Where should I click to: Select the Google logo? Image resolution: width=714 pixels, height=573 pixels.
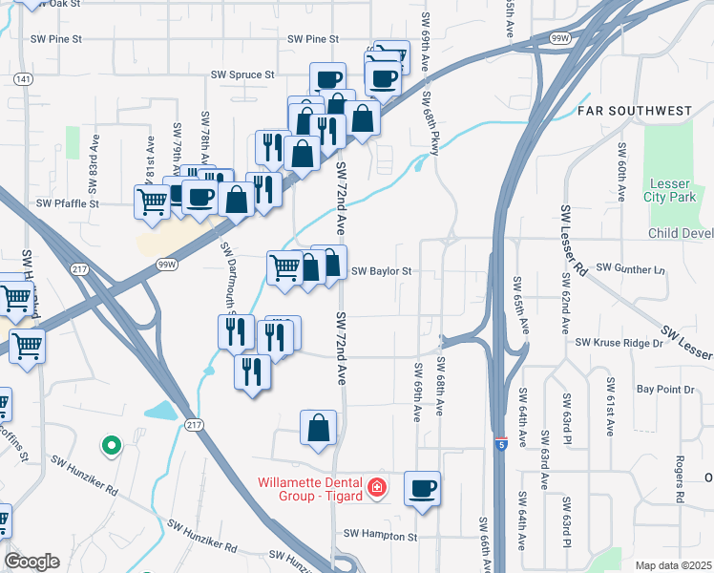click(x=31, y=562)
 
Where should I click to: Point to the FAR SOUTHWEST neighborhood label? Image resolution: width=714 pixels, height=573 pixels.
click(x=634, y=112)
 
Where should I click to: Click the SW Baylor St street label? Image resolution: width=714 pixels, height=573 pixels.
click(x=381, y=271)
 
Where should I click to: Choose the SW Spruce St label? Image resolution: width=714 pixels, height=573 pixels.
click(x=242, y=74)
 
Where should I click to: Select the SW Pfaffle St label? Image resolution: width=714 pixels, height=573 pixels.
click(x=68, y=203)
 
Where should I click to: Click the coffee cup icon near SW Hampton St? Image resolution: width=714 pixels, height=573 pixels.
click(x=422, y=490)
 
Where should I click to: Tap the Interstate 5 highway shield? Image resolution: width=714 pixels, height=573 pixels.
click(x=501, y=444)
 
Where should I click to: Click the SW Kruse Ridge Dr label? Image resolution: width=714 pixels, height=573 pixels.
click(x=618, y=342)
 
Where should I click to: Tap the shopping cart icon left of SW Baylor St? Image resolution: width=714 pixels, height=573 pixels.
click(x=284, y=267)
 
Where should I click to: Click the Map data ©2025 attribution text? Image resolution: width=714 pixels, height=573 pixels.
click(x=672, y=565)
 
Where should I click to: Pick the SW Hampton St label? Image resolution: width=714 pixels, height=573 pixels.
click(x=381, y=537)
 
